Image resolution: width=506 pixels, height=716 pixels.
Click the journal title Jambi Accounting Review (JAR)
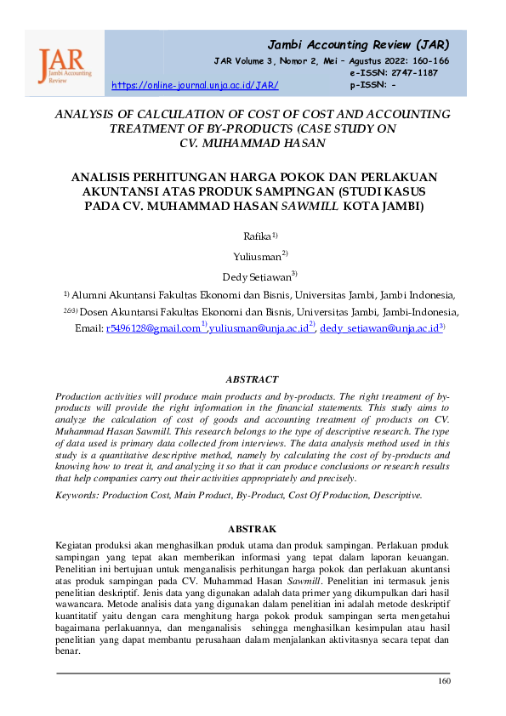[x=358, y=44]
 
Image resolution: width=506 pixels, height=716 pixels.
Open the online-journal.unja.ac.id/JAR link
[x=196, y=86]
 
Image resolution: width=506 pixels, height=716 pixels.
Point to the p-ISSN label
[x=367, y=85]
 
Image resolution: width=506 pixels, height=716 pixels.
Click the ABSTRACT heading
[x=252, y=379]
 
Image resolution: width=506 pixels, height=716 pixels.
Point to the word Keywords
[x=77, y=494]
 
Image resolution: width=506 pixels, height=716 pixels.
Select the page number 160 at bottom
[x=444, y=681]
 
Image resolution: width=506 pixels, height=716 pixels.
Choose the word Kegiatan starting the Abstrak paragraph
[x=74, y=544]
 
